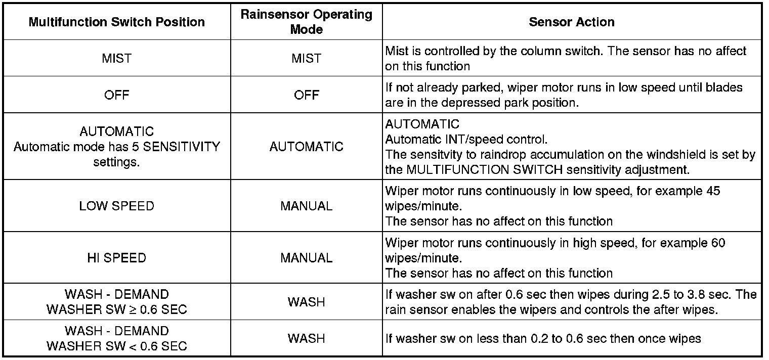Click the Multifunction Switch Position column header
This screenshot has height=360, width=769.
pos(117,22)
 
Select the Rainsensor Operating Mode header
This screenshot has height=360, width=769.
pos(307,22)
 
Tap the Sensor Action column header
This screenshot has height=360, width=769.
pos(572,22)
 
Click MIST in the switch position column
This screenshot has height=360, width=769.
pos(117,59)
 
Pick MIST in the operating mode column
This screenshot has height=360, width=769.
pos(307,59)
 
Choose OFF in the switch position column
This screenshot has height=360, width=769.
pos(117,95)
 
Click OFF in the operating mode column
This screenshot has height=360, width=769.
pos(307,95)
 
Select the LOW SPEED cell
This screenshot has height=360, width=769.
pos(117,206)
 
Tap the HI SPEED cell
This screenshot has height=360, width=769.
pos(117,258)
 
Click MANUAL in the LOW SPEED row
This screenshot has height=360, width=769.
pos(307,206)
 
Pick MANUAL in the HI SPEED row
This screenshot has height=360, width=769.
pos(307,258)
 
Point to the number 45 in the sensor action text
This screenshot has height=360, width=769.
pos(712,191)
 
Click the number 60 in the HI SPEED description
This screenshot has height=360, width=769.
pos(718,243)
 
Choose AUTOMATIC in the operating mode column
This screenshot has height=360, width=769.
pos(307,147)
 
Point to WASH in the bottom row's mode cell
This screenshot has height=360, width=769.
pos(307,338)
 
